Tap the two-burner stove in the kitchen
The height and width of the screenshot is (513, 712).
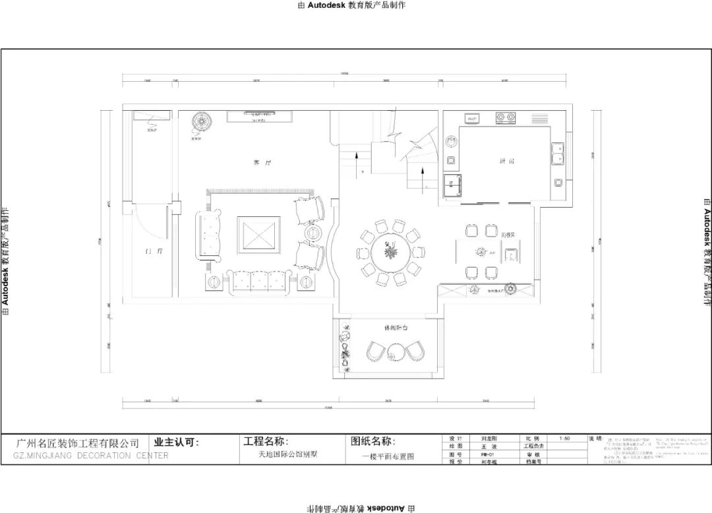[x=506, y=119]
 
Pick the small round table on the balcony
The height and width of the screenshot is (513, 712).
[x=395, y=356]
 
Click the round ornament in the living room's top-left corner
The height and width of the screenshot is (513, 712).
[x=202, y=123]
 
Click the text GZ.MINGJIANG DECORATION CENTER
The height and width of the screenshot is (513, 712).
[x=90, y=456]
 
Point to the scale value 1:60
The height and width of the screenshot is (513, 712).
[x=564, y=438]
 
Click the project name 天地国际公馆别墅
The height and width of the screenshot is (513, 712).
[x=287, y=454]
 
